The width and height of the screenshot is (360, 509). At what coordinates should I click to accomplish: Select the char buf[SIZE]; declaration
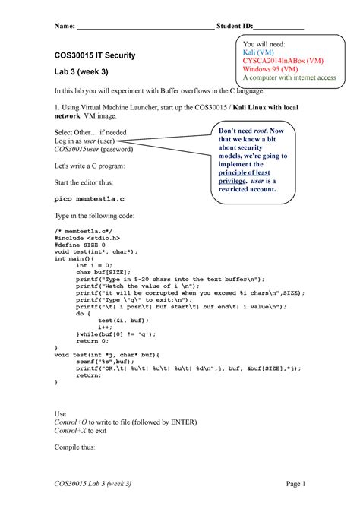pyautogui.click(x=103, y=272)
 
